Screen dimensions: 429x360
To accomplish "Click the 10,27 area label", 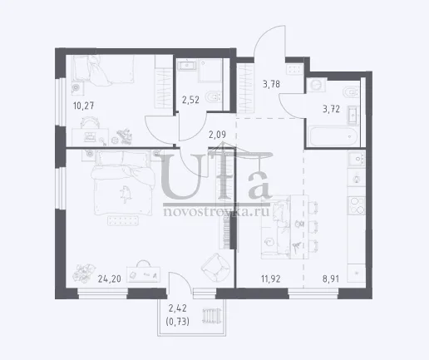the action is [84, 106].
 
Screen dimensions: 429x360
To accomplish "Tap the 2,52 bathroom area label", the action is [190, 100].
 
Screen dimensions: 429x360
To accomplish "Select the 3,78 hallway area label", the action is [271, 84].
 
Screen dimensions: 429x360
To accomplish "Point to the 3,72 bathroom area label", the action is [331, 109].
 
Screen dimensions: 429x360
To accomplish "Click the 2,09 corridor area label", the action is [217, 135].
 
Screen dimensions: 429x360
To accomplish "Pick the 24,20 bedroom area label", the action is [110, 279].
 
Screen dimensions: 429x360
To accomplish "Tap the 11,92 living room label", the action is [271, 279].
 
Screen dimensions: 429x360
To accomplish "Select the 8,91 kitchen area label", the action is [331, 279].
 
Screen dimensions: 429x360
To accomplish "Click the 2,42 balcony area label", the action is [178, 308].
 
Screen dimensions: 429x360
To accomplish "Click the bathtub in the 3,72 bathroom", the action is [334, 136].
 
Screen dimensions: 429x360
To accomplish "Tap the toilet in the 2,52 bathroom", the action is [214, 97].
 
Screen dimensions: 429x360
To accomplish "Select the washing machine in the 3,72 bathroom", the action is [316, 85].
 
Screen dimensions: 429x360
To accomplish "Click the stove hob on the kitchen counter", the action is [357, 205].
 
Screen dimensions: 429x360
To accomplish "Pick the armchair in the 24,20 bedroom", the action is [215, 267].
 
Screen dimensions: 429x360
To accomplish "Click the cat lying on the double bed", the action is [126, 195].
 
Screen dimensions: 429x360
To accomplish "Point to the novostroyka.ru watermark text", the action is [217, 212].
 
